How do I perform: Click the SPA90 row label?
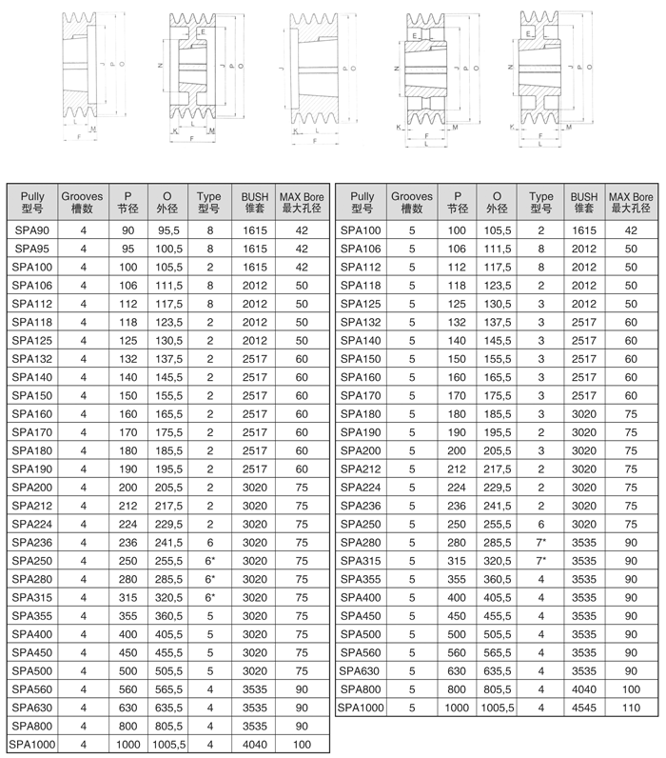click(x=31, y=230)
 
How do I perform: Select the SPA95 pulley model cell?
click(x=31, y=249)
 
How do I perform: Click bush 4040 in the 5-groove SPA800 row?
click(x=584, y=688)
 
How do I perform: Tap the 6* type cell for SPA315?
click(x=208, y=597)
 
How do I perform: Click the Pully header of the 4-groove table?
click(x=31, y=203)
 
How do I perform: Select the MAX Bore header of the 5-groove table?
click(x=630, y=203)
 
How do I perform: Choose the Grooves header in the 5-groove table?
click(x=412, y=203)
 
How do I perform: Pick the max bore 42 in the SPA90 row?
click(x=302, y=230)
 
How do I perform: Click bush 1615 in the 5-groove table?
click(x=584, y=230)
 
